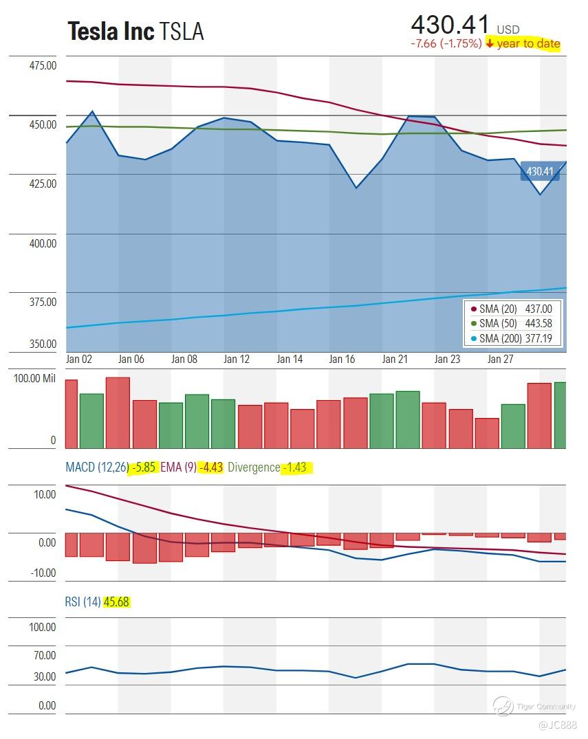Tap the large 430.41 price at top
coord(450,25)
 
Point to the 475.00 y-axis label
coord(43,65)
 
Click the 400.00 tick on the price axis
coord(43,243)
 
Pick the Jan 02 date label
coord(79,359)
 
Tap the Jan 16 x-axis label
coord(342,359)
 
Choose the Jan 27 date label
coord(500,359)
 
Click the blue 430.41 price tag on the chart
coord(540,171)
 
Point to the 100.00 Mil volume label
coord(34,379)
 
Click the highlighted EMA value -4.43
coord(210,467)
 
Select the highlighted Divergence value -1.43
coord(296,467)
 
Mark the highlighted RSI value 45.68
coord(116,602)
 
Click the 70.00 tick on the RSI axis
coord(45,656)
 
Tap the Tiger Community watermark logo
coord(503,705)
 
